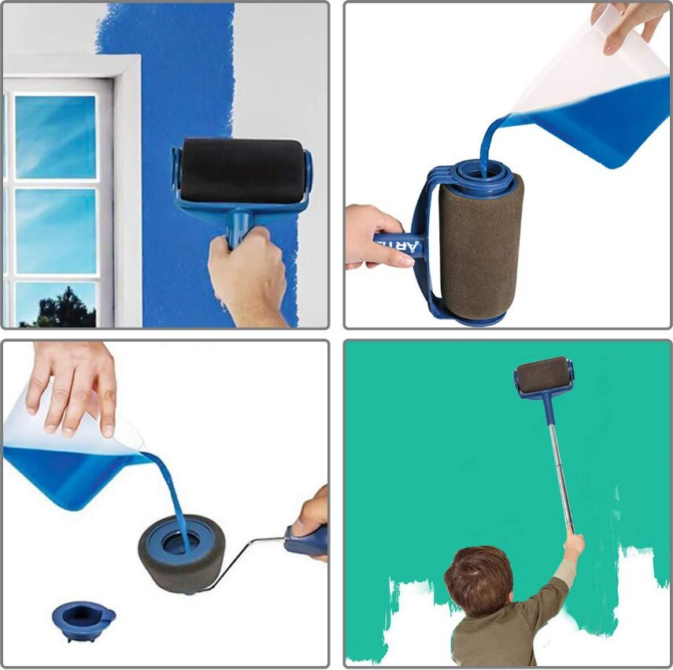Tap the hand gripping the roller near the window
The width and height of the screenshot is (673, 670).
[x=247, y=272]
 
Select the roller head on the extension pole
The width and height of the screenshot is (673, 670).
[x=543, y=376]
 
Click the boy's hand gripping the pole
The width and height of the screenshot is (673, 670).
[x=574, y=545]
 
